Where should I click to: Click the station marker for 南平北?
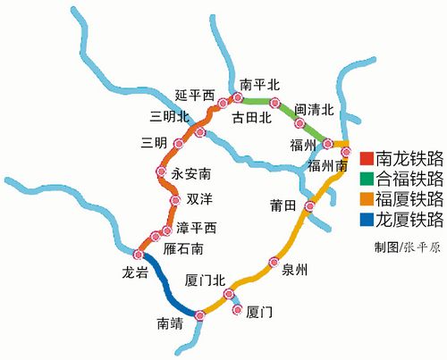coord(238,97)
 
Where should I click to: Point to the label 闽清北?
coord(313,110)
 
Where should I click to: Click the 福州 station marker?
coord(328,143)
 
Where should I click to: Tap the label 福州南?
coord(326,165)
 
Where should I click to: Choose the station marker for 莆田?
coord(309,207)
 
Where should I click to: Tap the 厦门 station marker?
coord(237,310)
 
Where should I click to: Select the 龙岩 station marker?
coord(139,253)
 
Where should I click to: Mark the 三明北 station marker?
coord(200,133)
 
